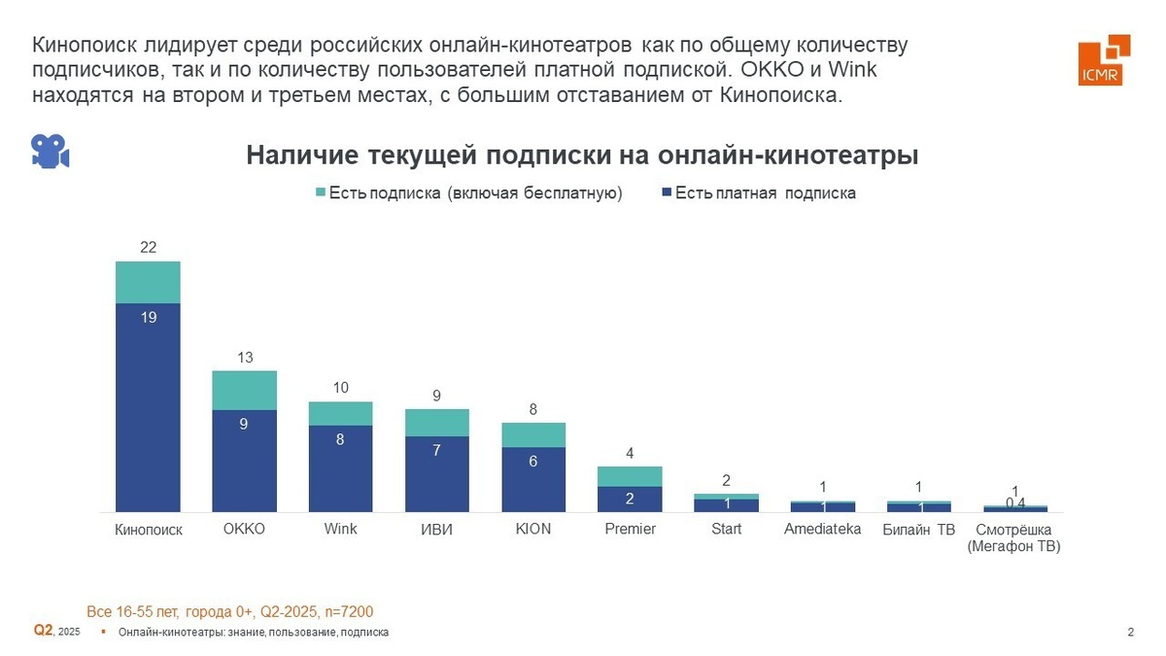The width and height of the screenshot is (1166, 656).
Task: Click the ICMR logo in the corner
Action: point(1103,60)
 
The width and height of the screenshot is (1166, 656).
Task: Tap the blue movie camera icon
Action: point(50,152)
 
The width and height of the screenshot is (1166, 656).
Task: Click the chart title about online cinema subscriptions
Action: point(582,155)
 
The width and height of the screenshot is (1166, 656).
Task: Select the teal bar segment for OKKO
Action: point(245,390)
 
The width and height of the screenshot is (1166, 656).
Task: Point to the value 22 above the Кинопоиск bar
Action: point(148,248)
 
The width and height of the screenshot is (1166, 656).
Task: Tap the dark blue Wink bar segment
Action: point(340,467)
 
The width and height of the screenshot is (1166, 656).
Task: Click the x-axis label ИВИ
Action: point(436,530)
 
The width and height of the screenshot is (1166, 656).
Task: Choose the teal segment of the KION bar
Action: point(533,434)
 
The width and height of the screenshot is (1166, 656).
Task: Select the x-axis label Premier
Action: point(630,529)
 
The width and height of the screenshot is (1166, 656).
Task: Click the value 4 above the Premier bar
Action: point(630,453)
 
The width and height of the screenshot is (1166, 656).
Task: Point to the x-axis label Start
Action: point(726,529)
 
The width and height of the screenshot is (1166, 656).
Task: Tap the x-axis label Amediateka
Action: point(822,529)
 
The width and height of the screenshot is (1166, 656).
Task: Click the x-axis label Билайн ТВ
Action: point(919,530)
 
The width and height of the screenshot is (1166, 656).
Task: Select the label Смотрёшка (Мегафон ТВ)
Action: point(1014,537)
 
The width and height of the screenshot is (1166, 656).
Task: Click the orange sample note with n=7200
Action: point(230,611)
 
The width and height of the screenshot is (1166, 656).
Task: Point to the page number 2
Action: point(1130,633)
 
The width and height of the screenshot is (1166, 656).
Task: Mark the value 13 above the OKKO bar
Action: point(245,358)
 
